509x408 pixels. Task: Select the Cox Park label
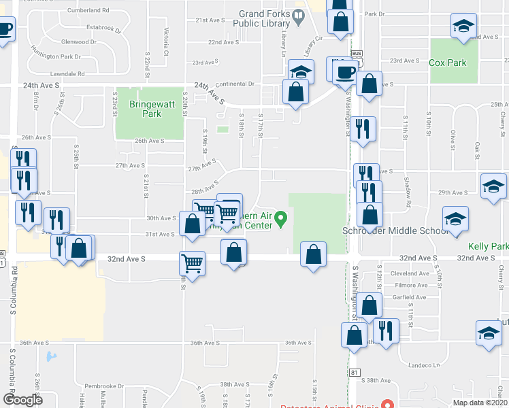(448, 63)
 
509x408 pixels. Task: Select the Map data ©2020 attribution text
(480, 403)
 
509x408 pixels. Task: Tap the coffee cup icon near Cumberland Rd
(4, 30)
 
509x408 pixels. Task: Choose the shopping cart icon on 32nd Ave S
(193, 262)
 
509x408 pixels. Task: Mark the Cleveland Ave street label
(409, 274)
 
